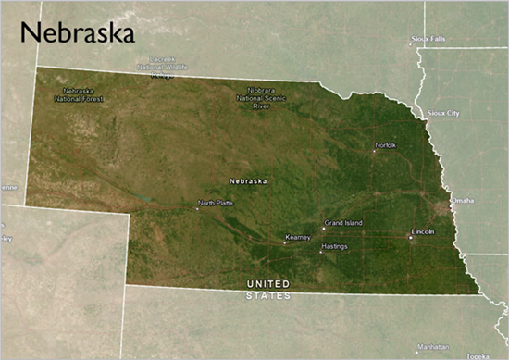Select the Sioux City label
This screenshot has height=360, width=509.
coord(443,113)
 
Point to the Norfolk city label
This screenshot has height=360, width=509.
coord(386,145)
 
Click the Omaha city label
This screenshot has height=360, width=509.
coord(462,200)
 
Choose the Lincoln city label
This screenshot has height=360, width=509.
coord(423,230)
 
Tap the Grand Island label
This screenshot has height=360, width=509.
coord(344,223)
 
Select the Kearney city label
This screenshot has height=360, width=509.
coord(298,238)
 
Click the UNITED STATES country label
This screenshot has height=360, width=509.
coord(267,289)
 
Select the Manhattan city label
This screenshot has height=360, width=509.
coord(432,347)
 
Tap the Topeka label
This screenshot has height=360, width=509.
coord(478,355)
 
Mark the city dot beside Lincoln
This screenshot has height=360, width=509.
coord(410,237)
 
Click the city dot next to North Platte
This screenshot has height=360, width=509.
coord(196,208)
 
